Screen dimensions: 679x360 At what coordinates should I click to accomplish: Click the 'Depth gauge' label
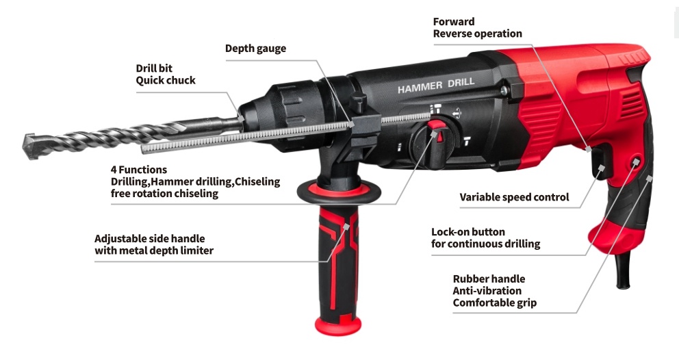(x=255, y=48)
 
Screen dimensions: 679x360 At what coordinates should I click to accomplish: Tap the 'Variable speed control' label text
(x=514, y=197)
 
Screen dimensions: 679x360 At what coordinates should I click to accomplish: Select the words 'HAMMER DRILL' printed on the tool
(x=436, y=85)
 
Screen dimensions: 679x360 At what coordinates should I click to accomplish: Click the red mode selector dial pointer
(x=438, y=131)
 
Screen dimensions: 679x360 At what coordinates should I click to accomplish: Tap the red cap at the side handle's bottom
(x=337, y=326)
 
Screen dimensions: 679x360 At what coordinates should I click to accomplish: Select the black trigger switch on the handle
(x=600, y=162)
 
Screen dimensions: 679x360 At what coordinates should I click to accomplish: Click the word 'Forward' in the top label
(x=454, y=22)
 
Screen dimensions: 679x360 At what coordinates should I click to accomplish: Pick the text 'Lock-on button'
(x=468, y=232)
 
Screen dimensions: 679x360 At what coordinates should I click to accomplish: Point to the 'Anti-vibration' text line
(x=487, y=291)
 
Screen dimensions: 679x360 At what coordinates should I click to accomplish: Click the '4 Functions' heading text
(x=138, y=169)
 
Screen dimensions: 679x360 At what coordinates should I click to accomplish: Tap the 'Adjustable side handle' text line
(x=150, y=239)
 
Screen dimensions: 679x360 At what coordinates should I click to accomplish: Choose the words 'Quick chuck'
(x=166, y=81)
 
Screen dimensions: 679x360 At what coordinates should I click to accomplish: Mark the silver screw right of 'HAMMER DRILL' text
(x=504, y=90)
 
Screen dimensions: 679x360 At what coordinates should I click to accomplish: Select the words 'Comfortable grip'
(x=494, y=303)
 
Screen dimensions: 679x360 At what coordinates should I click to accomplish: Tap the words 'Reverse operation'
(x=478, y=34)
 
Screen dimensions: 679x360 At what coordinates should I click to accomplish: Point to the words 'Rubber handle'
(x=489, y=279)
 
